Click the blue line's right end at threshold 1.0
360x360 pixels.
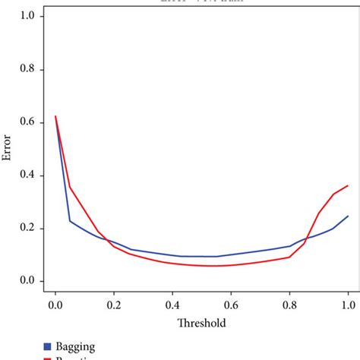(348, 216)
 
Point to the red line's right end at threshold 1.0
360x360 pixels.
(348, 185)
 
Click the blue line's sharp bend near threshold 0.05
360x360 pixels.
(70, 221)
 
